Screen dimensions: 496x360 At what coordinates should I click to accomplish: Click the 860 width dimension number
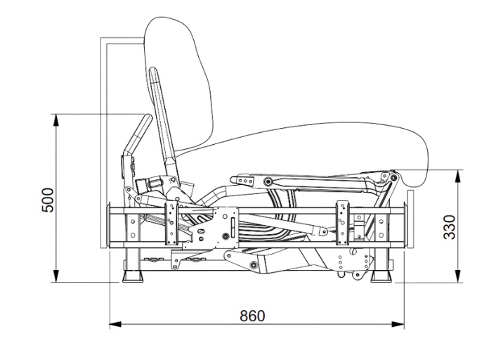tap(252, 316)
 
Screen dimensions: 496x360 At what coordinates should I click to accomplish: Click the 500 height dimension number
tap(48, 200)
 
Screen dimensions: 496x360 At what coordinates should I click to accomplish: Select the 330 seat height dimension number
tap(449, 227)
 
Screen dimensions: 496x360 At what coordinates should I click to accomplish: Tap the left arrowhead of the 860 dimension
tap(115, 324)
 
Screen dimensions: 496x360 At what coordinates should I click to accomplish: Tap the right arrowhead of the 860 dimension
tap(398, 324)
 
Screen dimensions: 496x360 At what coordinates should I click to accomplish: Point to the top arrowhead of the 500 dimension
tap(56, 120)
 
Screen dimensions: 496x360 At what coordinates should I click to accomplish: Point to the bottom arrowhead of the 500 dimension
tap(56, 276)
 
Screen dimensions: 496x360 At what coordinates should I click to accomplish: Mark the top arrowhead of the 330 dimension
tap(458, 176)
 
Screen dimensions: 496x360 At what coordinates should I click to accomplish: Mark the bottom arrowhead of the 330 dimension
tap(458, 276)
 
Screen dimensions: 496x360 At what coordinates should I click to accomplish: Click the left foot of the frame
tap(133, 276)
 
